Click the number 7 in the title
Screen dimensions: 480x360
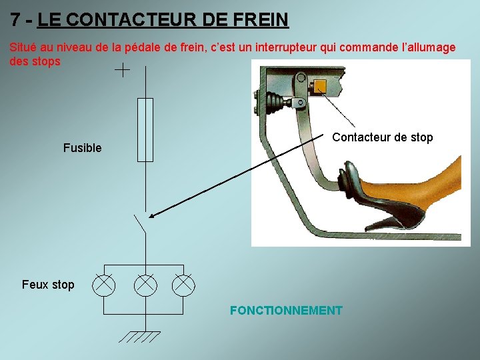tap(15, 19)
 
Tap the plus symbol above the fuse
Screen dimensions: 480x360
tap(123, 70)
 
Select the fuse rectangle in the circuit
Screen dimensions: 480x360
tap(145, 129)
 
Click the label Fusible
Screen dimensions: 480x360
tap(82, 148)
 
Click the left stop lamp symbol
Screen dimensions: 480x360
tap(103, 285)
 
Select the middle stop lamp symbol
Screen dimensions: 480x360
tap(145, 285)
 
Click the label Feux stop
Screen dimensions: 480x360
tap(48, 285)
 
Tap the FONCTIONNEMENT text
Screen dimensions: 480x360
tap(286, 311)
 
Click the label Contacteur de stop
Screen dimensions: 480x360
tap(382, 138)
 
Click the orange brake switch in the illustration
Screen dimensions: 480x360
tap(320, 87)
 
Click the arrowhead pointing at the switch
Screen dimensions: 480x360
tap(153, 215)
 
